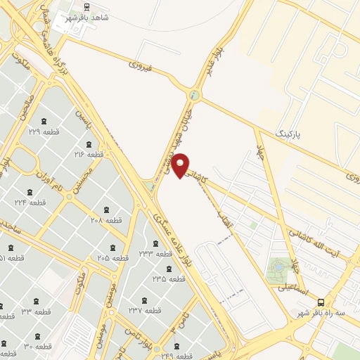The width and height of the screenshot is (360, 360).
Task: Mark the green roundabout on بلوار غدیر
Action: click(194, 95)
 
